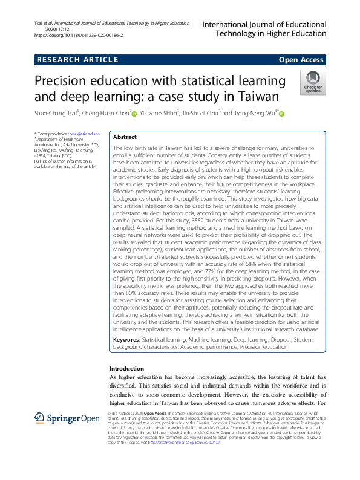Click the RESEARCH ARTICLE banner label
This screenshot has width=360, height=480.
[77, 59]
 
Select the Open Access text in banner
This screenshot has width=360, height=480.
[302, 59]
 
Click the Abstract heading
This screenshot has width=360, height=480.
[125, 137]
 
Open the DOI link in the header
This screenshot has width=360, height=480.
[79, 35]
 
